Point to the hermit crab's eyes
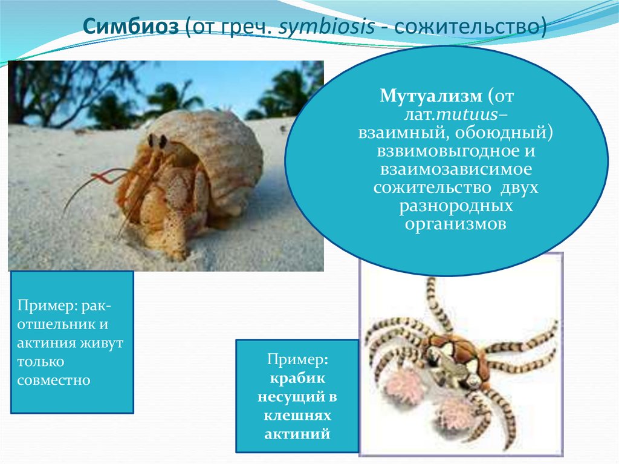(x=157, y=141)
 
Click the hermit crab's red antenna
(x=103, y=177)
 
